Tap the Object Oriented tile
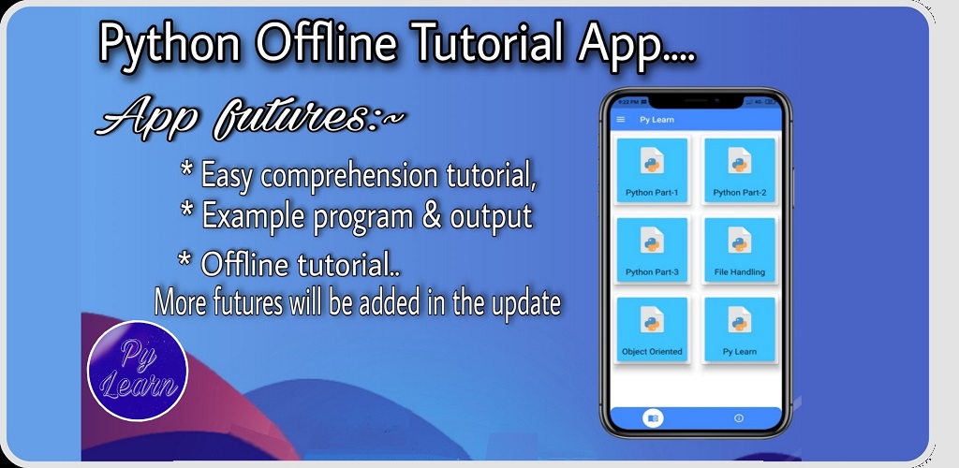point(652,329)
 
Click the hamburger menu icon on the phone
point(621,119)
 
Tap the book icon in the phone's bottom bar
point(653,418)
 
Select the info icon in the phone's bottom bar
point(739,418)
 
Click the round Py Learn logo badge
point(138,371)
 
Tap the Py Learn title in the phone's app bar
point(657,120)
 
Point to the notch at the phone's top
point(696,100)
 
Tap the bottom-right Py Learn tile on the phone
point(740,329)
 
